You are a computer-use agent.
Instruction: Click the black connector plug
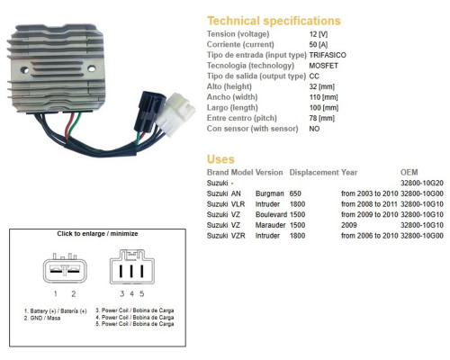pyautogui.click(x=149, y=112)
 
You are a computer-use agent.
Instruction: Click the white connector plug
pyautogui.click(x=175, y=113)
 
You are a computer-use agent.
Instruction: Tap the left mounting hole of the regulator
pyautogui.click(x=24, y=70)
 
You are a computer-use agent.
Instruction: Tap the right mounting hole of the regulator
pyautogui.click(x=92, y=68)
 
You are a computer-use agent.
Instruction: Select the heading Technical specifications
pyautogui.click(x=274, y=21)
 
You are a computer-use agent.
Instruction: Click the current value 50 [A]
pyautogui.click(x=319, y=45)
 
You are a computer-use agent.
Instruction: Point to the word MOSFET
pyautogui.click(x=323, y=66)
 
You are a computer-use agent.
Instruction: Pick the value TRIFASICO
pyautogui.click(x=328, y=55)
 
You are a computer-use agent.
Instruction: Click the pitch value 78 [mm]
pyautogui.click(x=321, y=118)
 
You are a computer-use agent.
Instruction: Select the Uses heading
pyautogui.click(x=220, y=159)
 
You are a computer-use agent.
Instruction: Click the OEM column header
pyautogui.click(x=409, y=172)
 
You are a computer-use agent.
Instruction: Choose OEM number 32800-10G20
pyautogui.click(x=422, y=183)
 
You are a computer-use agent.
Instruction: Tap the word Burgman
pyautogui.click(x=269, y=193)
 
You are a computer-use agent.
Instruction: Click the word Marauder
pyautogui.click(x=270, y=225)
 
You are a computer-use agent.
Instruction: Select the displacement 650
pyautogui.click(x=295, y=193)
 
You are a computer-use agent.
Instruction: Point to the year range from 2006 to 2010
pyautogui.click(x=369, y=236)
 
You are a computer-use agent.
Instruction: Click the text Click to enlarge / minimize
pyautogui.click(x=97, y=234)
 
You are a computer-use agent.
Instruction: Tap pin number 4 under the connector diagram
pyautogui.click(x=131, y=294)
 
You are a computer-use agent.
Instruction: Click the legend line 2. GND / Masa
pyautogui.click(x=42, y=319)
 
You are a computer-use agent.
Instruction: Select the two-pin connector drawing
pyautogui.click(x=65, y=268)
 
